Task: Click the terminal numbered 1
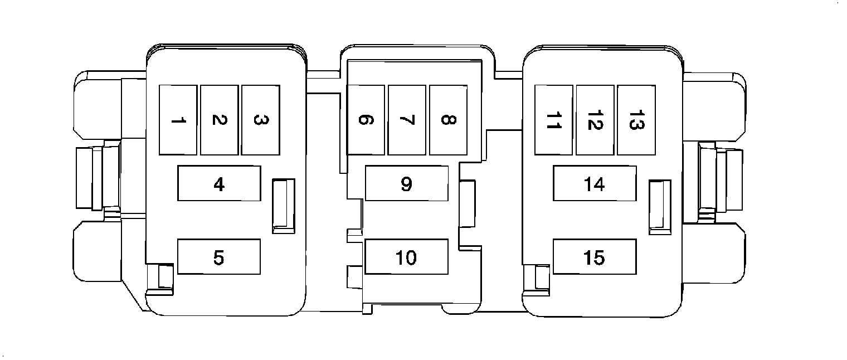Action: click(x=178, y=120)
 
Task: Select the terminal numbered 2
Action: click(x=219, y=120)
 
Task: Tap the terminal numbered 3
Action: click(x=260, y=120)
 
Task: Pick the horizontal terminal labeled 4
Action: click(x=219, y=183)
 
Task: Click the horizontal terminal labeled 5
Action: click(x=219, y=257)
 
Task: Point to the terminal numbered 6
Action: click(x=366, y=120)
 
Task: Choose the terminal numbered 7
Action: click(x=407, y=120)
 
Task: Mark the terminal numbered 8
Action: click(x=448, y=120)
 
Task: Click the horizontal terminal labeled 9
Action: click(x=407, y=183)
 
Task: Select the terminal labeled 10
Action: click(x=407, y=257)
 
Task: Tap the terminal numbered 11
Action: click(x=553, y=120)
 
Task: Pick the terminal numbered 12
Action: click(x=595, y=120)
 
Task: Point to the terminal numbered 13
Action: click(x=636, y=120)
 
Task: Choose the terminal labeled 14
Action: click(x=595, y=183)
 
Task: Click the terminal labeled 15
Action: click(x=595, y=257)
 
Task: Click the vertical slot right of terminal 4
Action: click(x=283, y=206)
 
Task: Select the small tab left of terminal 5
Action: click(x=165, y=277)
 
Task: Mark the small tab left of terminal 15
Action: click(x=541, y=277)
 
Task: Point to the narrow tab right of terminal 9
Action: click(x=466, y=204)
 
